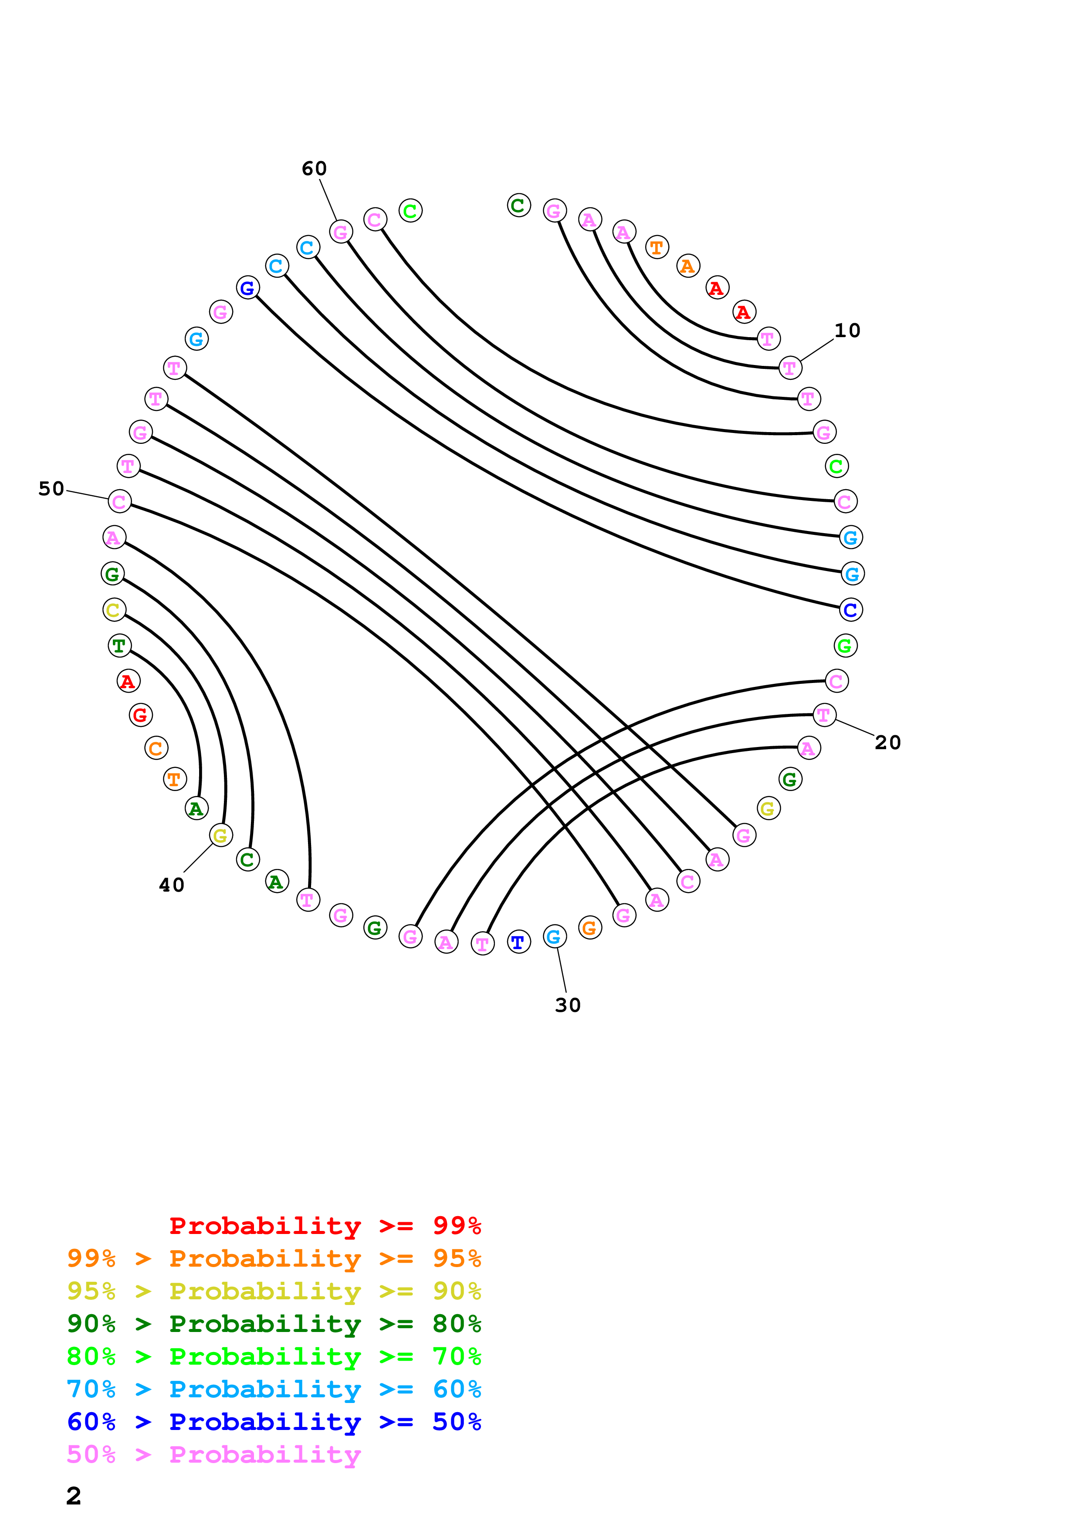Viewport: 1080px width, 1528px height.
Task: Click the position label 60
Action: pyautogui.click(x=314, y=169)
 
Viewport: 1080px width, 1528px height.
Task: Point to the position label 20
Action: pyautogui.click(x=888, y=742)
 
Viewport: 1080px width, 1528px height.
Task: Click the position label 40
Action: pyautogui.click(x=172, y=885)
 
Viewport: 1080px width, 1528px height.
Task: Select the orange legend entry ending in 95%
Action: pyautogui.click(x=274, y=1258)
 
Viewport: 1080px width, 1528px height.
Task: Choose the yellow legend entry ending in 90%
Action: pyautogui.click(x=274, y=1291)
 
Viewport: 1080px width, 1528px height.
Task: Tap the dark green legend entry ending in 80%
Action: pyautogui.click(x=274, y=1324)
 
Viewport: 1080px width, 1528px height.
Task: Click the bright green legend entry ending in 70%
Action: pyautogui.click(x=274, y=1356)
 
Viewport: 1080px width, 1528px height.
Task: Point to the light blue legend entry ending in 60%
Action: pyautogui.click(x=274, y=1389)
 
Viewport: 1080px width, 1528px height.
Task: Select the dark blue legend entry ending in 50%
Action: pyautogui.click(x=274, y=1422)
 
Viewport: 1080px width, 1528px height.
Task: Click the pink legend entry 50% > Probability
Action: pyautogui.click(x=213, y=1454)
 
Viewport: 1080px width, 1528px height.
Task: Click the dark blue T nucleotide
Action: pyautogui.click(x=518, y=942)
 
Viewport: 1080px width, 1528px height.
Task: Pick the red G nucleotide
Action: pyautogui.click(x=140, y=715)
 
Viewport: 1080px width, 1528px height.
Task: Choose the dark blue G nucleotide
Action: pyautogui.click(x=247, y=288)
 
